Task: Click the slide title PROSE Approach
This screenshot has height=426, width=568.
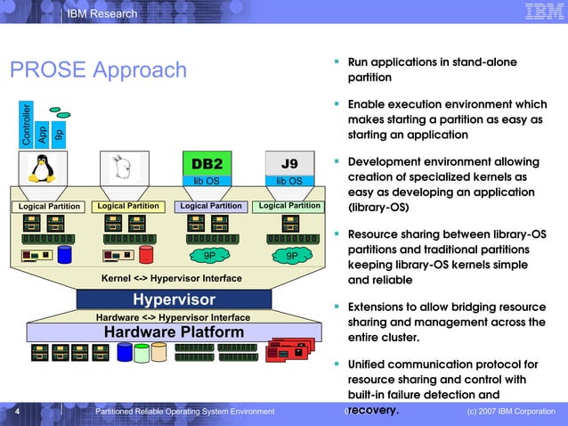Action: pos(98,70)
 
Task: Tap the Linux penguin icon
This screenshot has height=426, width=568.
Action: pos(39,168)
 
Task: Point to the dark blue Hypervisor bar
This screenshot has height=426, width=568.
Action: pos(174,299)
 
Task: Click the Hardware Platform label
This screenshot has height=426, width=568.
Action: pos(174,332)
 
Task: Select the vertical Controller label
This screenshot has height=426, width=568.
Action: pos(27,125)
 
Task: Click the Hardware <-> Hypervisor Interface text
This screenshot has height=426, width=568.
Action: pos(173,317)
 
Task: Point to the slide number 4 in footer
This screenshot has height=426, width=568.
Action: pos(17,411)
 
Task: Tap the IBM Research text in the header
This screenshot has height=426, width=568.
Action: pos(102,13)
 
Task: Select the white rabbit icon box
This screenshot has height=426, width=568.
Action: pos(123,168)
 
